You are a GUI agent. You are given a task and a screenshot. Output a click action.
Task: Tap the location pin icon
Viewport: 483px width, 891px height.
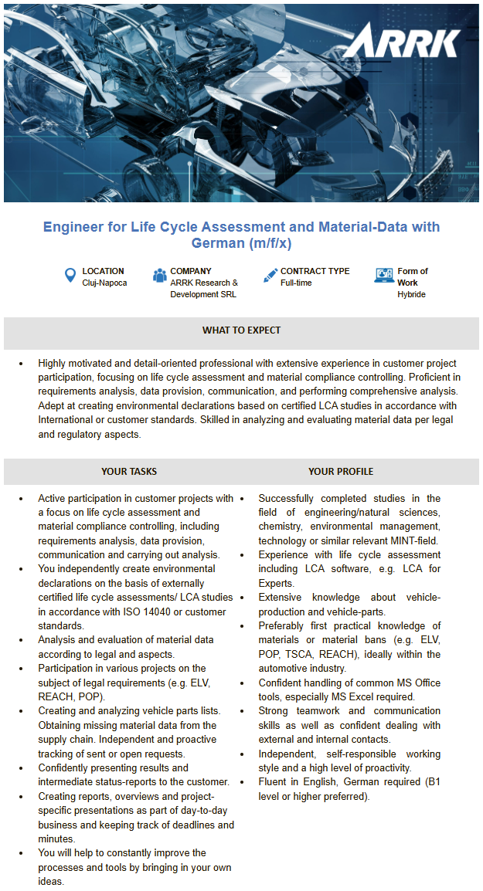point(70,275)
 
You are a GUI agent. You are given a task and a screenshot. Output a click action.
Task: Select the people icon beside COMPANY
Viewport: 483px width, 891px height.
point(160,275)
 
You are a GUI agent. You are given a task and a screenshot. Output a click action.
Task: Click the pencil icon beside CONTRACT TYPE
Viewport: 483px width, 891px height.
point(270,275)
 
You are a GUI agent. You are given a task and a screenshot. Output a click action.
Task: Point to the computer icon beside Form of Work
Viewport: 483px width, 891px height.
point(384,276)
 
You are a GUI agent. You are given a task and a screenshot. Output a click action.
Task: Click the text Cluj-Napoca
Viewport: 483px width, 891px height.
point(104,283)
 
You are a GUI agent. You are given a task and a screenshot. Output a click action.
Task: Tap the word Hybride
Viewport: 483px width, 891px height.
point(411,294)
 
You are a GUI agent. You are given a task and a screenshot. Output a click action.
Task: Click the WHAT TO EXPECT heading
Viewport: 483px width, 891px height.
point(241,330)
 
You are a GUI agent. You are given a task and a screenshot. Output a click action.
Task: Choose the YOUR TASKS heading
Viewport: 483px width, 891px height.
point(129,471)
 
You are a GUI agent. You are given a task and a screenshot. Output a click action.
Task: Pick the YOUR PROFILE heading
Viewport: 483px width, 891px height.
point(341,471)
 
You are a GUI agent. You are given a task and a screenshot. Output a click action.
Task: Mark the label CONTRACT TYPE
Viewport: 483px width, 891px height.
point(315,271)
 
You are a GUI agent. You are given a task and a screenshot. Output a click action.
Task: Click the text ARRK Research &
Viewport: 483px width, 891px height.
point(204,283)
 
